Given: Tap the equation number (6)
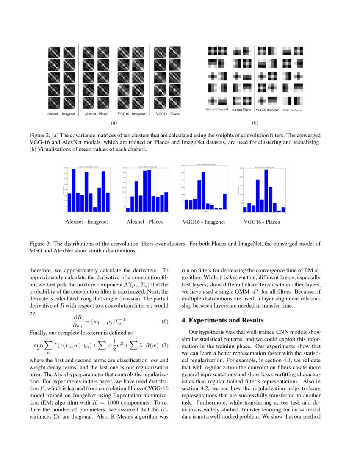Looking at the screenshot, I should coord(166,322).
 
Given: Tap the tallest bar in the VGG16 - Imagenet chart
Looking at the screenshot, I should coord(203,190).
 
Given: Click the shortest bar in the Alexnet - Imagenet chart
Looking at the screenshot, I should coord(95,209).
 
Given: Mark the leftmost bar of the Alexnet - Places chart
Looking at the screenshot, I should coord(128,209).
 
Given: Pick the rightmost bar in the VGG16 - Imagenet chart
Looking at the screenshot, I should coord(224,201).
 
